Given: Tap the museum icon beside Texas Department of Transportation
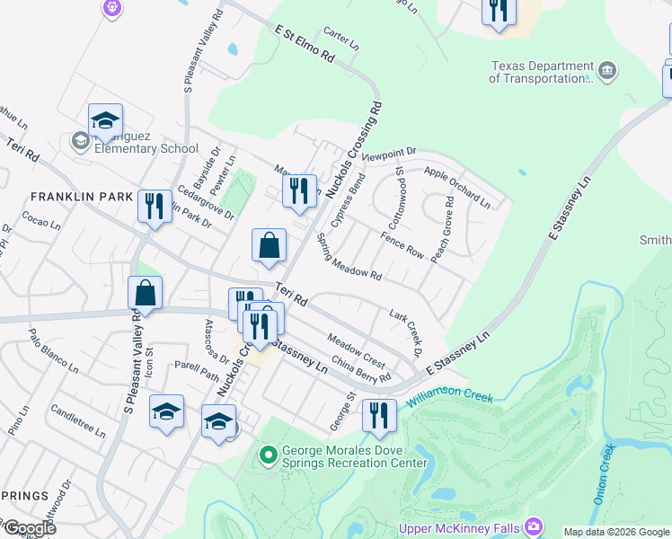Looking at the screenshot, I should coord(607,70).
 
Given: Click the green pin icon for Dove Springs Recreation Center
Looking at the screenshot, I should coord(267,455).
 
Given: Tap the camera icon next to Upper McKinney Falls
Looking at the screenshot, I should coord(535,525).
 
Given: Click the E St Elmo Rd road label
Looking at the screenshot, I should coord(305,44).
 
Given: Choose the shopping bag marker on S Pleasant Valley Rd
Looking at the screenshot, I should coord(145,293).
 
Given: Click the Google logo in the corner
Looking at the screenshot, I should coord(29,529).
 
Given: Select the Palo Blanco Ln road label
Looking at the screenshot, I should coord(54,351).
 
